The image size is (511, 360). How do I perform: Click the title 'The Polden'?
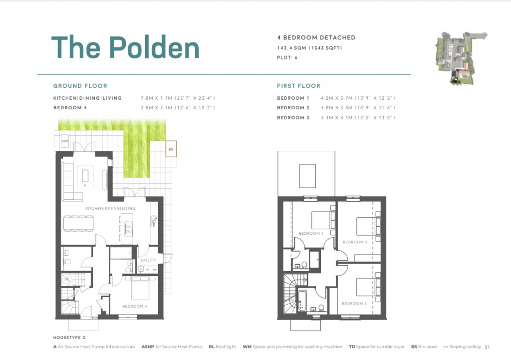(x=125, y=47)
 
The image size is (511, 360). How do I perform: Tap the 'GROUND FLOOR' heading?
(x=80, y=86)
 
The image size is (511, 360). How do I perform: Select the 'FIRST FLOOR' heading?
(x=298, y=86)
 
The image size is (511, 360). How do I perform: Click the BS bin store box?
(x=170, y=149)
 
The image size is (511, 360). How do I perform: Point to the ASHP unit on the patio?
(x=65, y=142)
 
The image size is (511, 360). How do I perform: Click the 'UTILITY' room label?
(x=148, y=260)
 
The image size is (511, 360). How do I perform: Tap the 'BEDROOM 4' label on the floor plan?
(x=134, y=306)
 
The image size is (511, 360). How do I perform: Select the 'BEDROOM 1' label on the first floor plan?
(x=310, y=233)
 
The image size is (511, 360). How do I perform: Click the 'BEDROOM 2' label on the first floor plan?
(x=354, y=242)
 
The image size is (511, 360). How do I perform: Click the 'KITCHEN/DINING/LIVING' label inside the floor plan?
(x=110, y=208)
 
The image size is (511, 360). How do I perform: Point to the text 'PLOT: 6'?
(x=287, y=57)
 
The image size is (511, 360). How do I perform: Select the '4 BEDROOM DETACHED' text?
(x=316, y=37)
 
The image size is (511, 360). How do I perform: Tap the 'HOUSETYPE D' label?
(x=69, y=338)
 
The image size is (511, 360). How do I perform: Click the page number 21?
(x=488, y=347)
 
